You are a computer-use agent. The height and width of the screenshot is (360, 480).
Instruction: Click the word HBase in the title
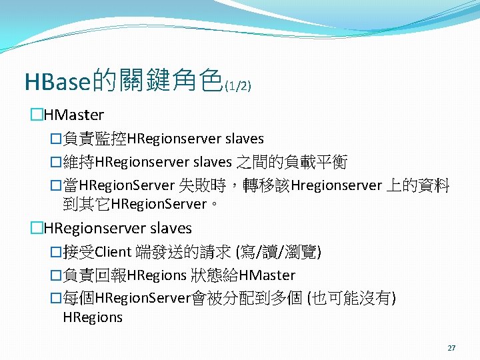(x=57, y=81)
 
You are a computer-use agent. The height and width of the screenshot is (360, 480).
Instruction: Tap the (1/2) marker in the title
(x=237, y=86)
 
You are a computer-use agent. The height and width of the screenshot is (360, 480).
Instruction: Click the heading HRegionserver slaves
(x=117, y=228)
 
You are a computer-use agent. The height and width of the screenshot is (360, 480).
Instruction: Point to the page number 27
(x=452, y=348)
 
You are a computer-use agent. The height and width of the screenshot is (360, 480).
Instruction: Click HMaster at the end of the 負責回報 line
(x=266, y=275)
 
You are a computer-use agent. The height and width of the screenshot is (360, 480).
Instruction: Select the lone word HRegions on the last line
(x=93, y=317)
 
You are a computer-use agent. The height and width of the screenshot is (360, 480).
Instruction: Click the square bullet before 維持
(x=56, y=163)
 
